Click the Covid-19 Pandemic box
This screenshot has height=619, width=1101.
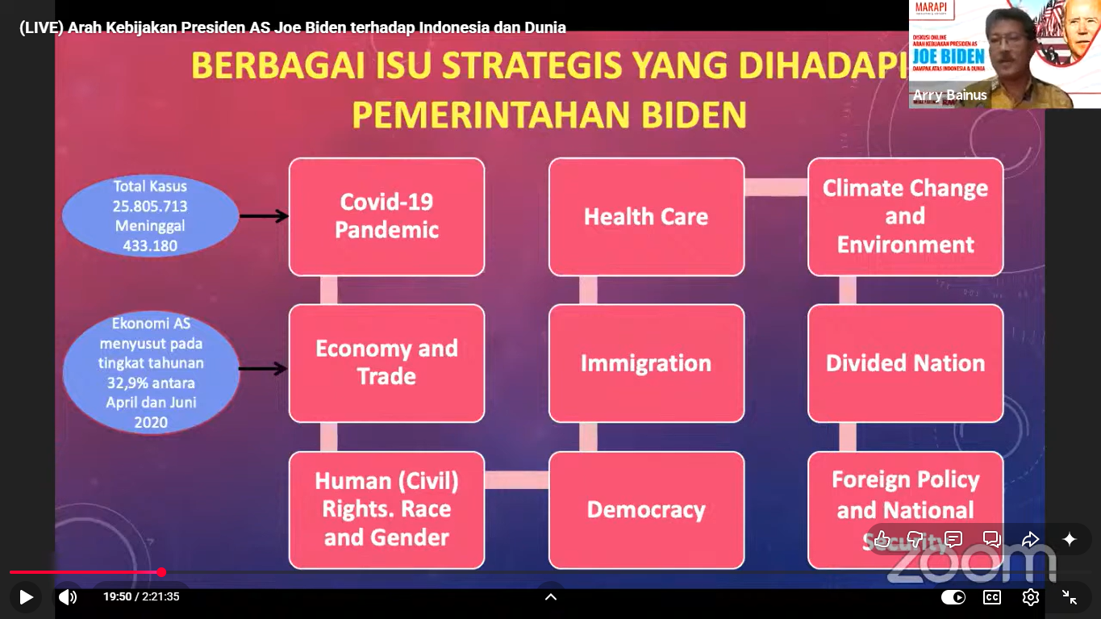point(386,216)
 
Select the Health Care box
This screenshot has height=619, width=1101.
point(646,216)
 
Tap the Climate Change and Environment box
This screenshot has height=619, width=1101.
point(905,216)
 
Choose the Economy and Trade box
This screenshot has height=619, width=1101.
point(386,362)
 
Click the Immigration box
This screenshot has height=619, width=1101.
point(646,362)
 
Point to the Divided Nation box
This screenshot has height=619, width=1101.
point(905,362)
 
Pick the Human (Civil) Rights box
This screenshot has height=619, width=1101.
point(386,509)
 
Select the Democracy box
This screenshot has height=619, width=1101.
point(646,509)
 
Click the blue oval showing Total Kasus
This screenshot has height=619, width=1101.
point(150,215)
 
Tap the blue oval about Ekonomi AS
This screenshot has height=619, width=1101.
point(151,373)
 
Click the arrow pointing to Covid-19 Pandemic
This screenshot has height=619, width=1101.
point(264,215)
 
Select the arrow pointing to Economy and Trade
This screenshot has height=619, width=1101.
point(264,369)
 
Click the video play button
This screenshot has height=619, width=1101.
point(26,597)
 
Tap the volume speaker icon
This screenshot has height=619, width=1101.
point(68,597)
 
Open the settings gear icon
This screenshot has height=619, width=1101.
point(1030,597)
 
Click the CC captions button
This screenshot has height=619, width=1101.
point(991,597)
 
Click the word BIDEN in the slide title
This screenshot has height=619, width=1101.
point(694,115)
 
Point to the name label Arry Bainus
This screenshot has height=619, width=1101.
point(949,95)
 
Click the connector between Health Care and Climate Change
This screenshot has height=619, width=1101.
point(776,187)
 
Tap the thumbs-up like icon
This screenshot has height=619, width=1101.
point(882,539)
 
